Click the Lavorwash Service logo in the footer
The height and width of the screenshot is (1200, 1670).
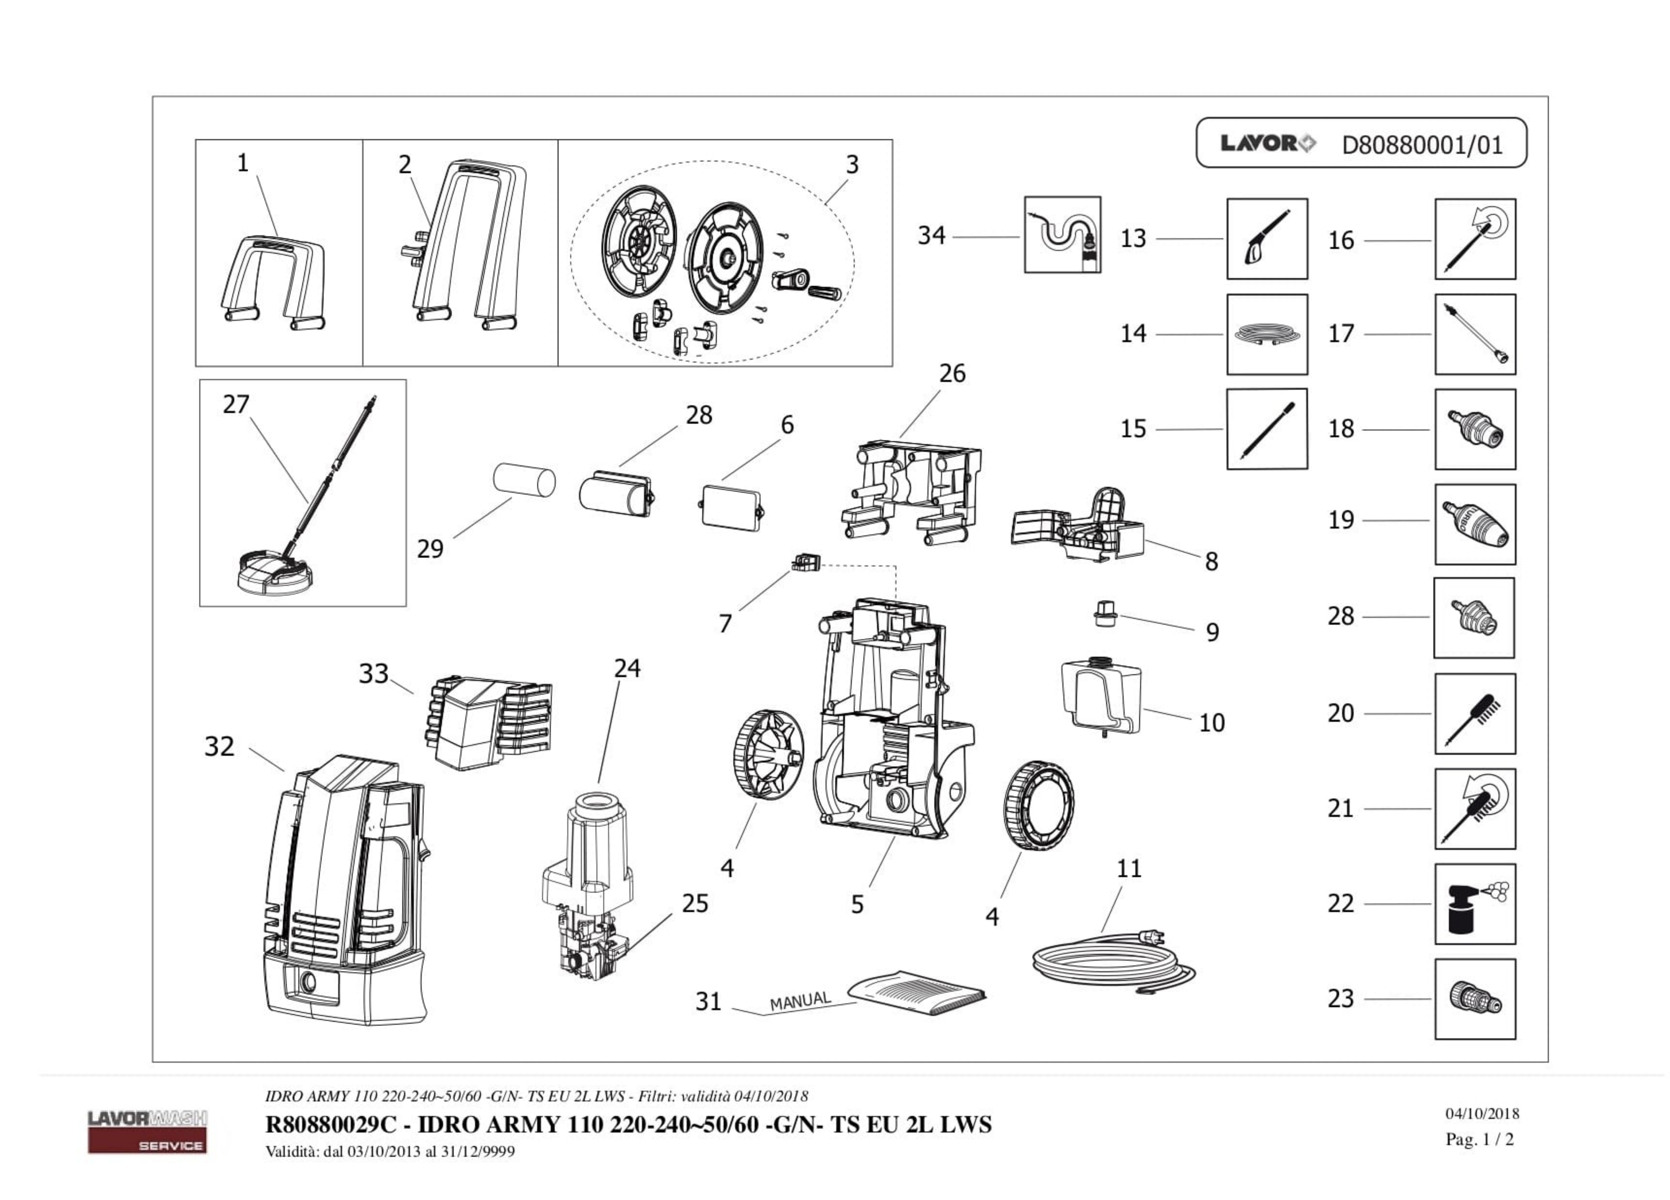coord(147,1131)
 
